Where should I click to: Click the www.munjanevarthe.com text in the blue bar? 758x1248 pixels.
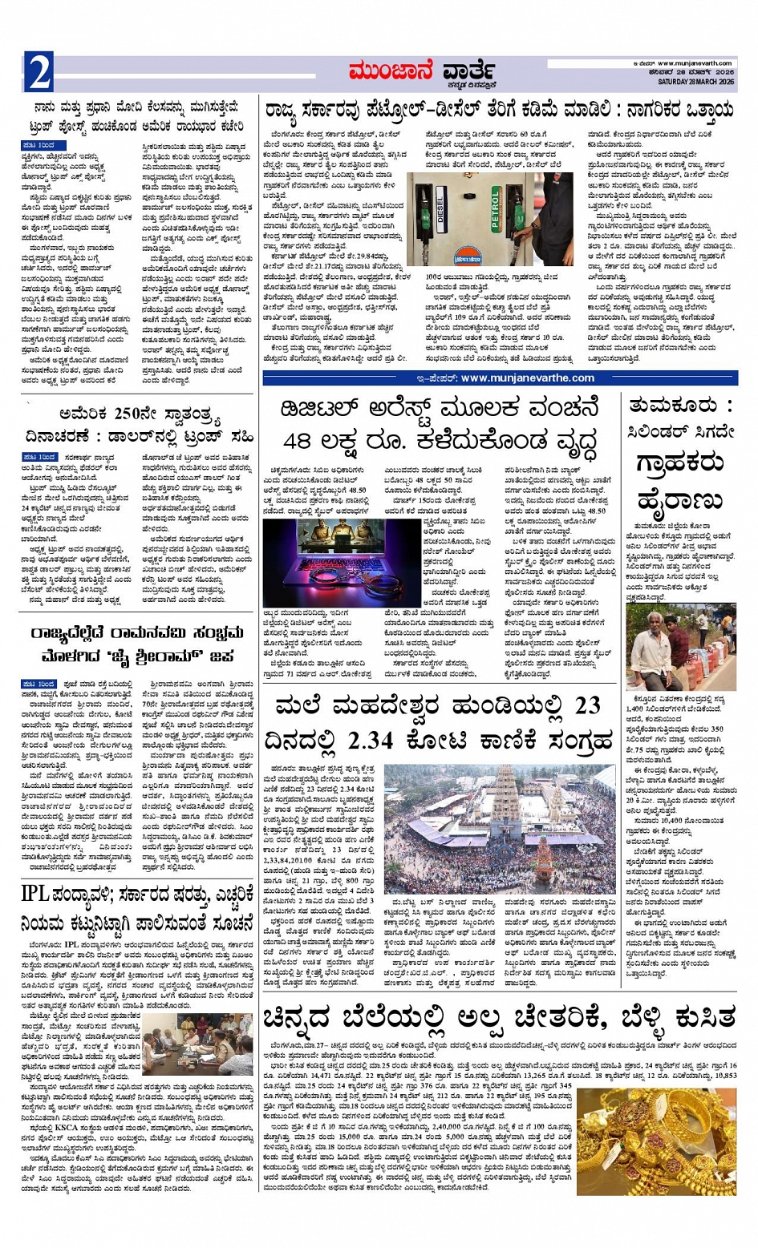click(x=527, y=378)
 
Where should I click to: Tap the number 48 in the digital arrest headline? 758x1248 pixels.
click(x=302, y=440)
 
